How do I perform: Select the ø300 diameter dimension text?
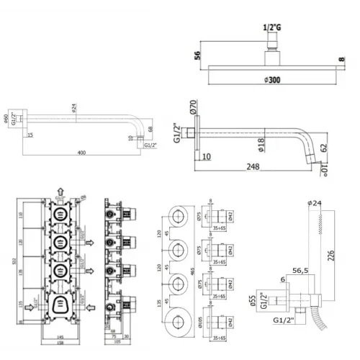274,81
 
